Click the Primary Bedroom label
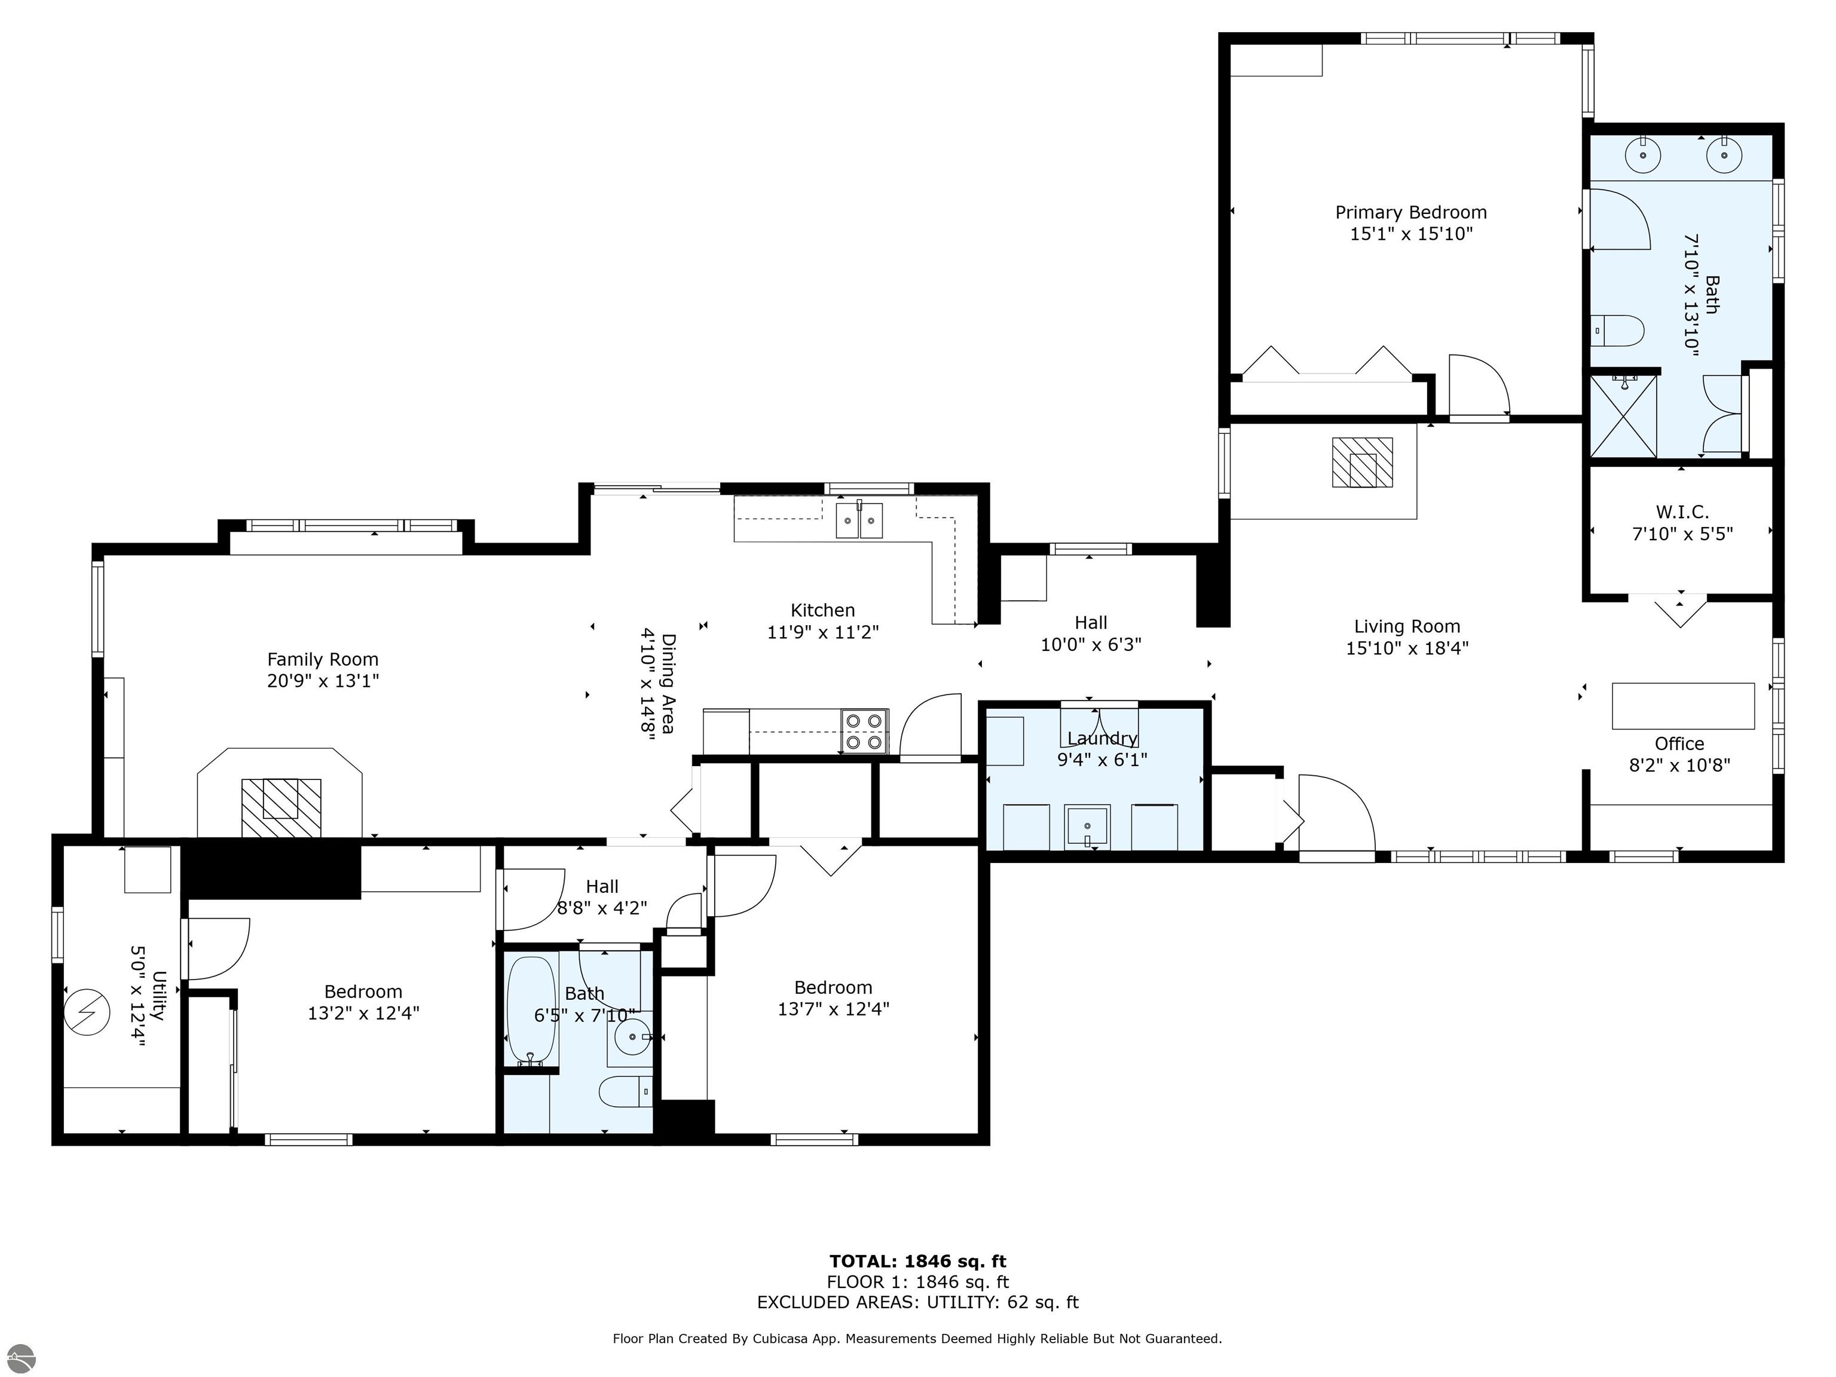(1411, 213)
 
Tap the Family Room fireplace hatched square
(280, 807)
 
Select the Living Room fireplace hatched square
(1362, 463)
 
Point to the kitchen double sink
(859, 519)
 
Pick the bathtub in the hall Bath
(532, 1011)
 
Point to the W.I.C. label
(1682, 512)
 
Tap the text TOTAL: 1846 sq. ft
(917, 1262)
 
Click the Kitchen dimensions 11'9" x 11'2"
(822, 632)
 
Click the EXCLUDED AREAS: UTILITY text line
(917, 1302)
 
